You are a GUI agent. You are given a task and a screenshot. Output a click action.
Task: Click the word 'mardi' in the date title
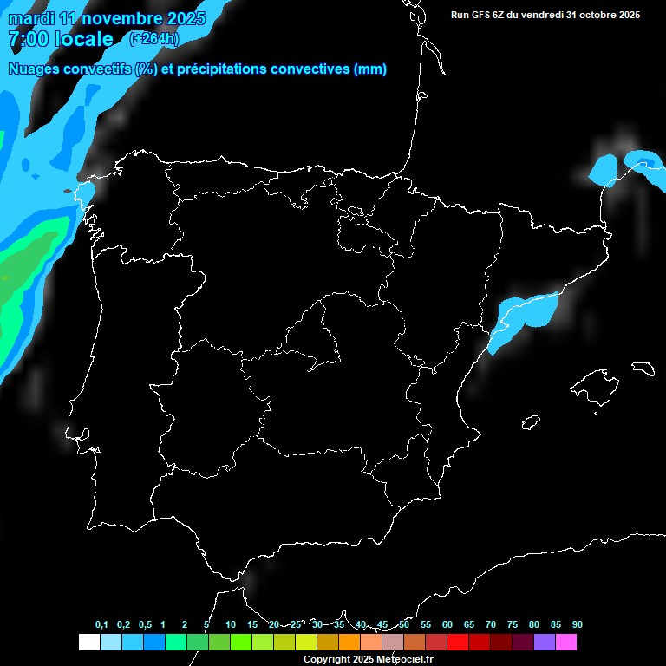point(31,19)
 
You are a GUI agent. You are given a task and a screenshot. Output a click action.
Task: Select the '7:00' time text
point(27,40)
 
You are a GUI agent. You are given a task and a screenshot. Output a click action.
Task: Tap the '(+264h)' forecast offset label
point(153,38)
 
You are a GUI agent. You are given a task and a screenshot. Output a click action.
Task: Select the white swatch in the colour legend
point(88,643)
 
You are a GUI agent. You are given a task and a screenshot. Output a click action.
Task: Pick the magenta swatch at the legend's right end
point(566,643)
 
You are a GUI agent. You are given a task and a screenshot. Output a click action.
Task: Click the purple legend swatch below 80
point(545,643)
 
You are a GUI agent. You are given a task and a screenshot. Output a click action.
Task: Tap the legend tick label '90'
point(577,625)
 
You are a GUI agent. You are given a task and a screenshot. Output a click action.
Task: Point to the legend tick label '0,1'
point(101,625)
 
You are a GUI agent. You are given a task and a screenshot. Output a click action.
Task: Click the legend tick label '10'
point(230,625)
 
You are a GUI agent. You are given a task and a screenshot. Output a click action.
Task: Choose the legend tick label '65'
point(468,625)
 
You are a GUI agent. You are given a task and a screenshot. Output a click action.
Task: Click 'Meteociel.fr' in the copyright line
point(401,660)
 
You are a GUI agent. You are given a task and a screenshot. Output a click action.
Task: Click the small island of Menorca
point(642,368)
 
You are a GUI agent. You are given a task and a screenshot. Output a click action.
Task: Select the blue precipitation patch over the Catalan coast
point(522,317)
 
